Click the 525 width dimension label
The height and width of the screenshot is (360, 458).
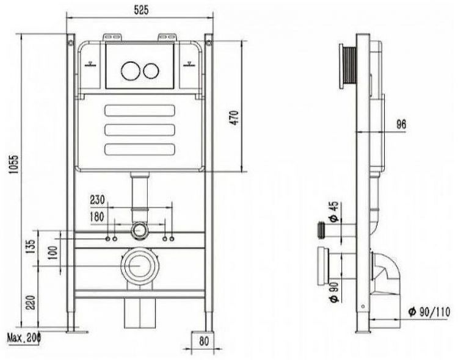142,10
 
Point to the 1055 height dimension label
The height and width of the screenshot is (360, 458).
13,164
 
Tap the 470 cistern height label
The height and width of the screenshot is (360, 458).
235,118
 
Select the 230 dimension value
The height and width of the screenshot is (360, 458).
97,200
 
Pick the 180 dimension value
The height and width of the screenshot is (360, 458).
97,217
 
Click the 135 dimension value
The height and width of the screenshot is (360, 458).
31,247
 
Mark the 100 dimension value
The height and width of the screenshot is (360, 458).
53,253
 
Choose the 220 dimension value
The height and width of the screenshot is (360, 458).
31,303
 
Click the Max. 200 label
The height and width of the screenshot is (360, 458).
24,339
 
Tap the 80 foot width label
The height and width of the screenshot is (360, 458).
204,340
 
